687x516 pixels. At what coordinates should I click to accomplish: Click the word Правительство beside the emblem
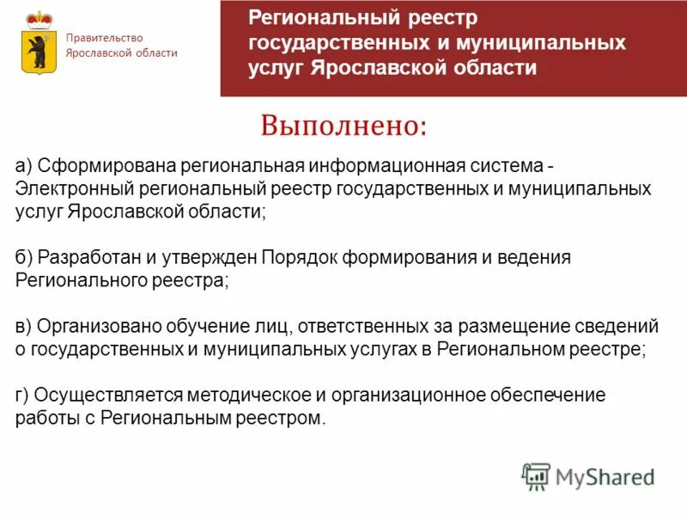coord(106,38)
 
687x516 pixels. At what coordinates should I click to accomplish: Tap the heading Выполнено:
coord(343,126)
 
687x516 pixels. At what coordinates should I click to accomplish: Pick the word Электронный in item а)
coord(64,188)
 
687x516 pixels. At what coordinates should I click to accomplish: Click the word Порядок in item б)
coord(301,257)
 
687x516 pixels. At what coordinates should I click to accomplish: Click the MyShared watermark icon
coord(536,476)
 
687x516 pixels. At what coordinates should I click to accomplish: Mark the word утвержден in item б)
coord(218,257)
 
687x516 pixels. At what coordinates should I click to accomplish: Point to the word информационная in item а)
coord(374,165)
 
